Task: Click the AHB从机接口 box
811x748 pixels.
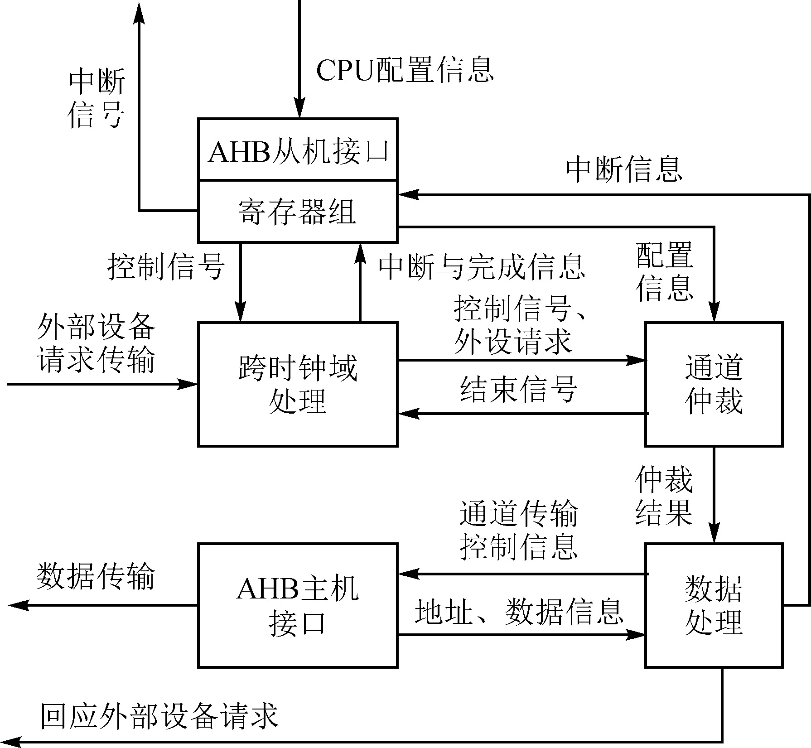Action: click(298, 150)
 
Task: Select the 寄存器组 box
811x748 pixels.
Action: click(298, 211)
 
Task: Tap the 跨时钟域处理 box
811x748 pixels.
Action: click(298, 384)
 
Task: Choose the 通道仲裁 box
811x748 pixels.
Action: click(714, 384)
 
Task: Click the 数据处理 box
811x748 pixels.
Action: click(714, 605)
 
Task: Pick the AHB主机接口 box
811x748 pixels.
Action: click(298, 605)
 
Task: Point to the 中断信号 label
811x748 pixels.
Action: click(97, 98)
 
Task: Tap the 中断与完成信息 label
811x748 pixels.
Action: click(482, 267)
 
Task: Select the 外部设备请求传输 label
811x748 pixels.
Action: click(96, 343)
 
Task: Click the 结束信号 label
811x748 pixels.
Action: click(519, 389)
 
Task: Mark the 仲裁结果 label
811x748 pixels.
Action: click(664, 496)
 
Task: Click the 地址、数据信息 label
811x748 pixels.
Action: click(519, 612)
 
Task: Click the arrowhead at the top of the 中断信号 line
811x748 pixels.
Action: click(139, 14)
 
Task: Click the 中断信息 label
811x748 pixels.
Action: click(624, 170)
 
